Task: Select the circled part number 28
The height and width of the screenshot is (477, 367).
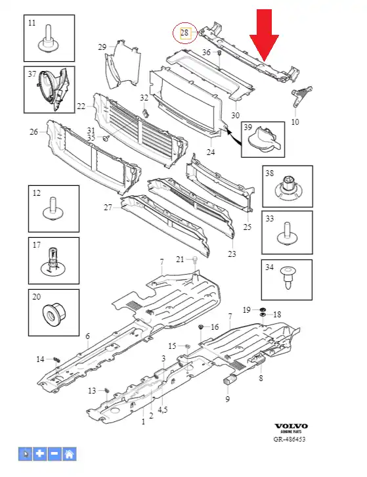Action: pos(184,33)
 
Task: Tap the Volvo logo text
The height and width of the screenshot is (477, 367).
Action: pos(291,426)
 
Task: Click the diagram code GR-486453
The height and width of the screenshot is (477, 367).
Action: pos(289,439)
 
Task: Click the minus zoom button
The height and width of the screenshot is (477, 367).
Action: pos(54,454)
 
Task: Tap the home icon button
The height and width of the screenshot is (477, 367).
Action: pos(70,454)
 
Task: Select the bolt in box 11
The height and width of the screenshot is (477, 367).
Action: pos(49,41)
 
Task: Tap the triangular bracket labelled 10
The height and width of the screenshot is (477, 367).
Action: pos(301,96)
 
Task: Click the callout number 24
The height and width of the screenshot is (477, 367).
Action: pos(211,152)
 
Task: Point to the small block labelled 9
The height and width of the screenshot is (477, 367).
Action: pos(230,380)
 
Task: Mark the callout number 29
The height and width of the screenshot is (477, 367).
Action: pos(102,47)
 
